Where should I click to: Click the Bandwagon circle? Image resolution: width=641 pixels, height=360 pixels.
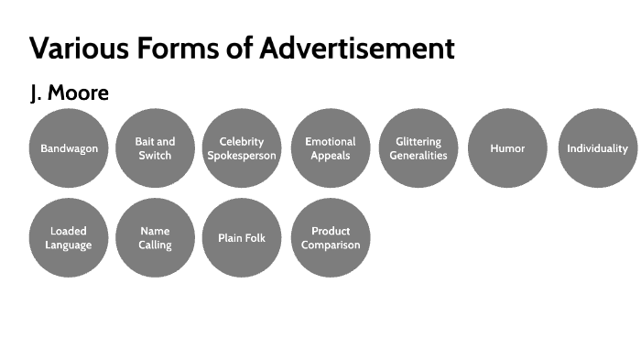tap(69, 148)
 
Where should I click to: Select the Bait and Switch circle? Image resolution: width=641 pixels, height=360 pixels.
tap(155, 148)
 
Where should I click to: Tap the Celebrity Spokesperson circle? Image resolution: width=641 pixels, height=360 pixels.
tap(242, 148)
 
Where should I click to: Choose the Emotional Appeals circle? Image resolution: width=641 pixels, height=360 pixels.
tap(331, 148)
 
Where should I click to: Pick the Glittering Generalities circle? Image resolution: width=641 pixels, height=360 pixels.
tap(418, 148)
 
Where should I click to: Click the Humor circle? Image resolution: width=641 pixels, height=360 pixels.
tap(507, 148)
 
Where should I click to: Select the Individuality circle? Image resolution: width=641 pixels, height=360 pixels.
tap(597, 148)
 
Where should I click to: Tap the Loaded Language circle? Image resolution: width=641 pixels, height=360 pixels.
tap(69, 238)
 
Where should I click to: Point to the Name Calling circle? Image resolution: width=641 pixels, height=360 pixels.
tap(155, 238)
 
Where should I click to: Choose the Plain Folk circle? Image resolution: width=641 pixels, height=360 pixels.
tap(242, 238)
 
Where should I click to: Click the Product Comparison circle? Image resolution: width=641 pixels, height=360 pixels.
tap(331, 238)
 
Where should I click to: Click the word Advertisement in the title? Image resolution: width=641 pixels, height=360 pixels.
tap(356, 49)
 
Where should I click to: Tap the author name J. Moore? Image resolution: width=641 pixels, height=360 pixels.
tap(70, 94)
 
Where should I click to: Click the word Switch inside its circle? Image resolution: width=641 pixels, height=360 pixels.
tap(155, 155)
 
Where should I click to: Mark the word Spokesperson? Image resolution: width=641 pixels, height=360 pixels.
tap(242, 156)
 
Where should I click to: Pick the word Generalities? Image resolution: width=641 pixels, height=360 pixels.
tap(418, 156)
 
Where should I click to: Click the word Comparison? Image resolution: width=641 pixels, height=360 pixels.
tap(331, 245)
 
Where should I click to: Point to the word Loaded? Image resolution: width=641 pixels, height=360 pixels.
tap(69, 232)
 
